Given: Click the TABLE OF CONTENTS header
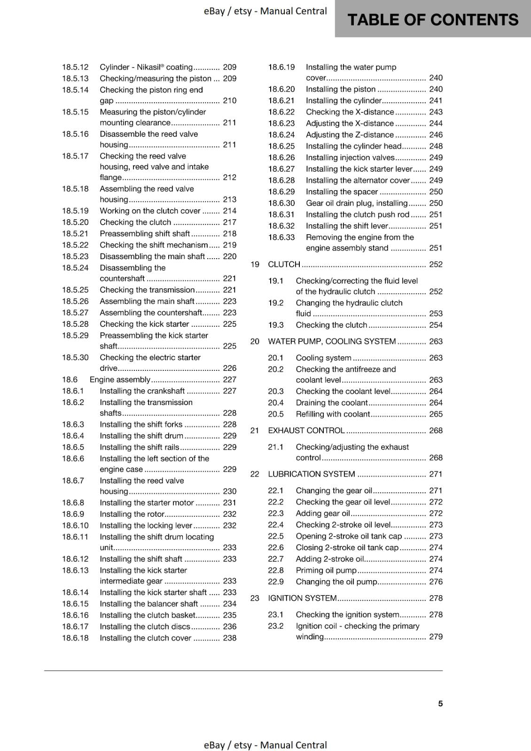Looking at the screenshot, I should pyautogui.click(x=432, y=20).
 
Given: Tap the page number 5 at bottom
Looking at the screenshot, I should pyautogui.click(x=440, y=704).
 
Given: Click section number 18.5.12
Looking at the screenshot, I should pyautogui.click(x=75, y=67).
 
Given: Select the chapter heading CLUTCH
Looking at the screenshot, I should pyautogui.click(x=284, y=264).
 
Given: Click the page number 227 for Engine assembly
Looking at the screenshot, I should pyautogui.click(x=229, y=380).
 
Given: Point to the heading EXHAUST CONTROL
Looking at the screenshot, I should pyautogui.click(x=306, y=430).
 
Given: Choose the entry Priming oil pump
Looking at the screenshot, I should pyautogui.click(x=326, y=570).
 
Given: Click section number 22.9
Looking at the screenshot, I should pyautogui.click(x=276, y=582).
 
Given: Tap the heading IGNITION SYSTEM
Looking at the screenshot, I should pyautogui.click(x=302, y=598).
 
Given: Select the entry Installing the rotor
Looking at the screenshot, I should pyautogui.click(x=132, y=514).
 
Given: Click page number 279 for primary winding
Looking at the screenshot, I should pyautogui.click(x=436, y=637).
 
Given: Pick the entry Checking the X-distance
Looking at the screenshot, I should pyautogui.click(x=350, y=112).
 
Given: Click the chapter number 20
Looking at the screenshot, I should pyautogui.click(x=255, y=342).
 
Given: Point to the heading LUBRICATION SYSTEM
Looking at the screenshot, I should pyautogui.click(x=311, y=474).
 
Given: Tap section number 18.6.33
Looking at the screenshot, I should pyautogui.click(x=281, y=238).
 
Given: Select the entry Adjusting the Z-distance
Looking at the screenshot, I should pyautogui.click(x=350, y=135).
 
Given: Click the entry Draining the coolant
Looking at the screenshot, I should pyautogui.click(x=331, y=403).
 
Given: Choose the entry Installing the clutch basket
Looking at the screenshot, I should pyautogui.click(x=148, y=615).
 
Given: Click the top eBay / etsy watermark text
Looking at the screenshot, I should pyautogui.click(x=265, y=11).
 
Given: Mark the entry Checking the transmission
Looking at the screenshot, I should pyautogui.click(x=147, y=290).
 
